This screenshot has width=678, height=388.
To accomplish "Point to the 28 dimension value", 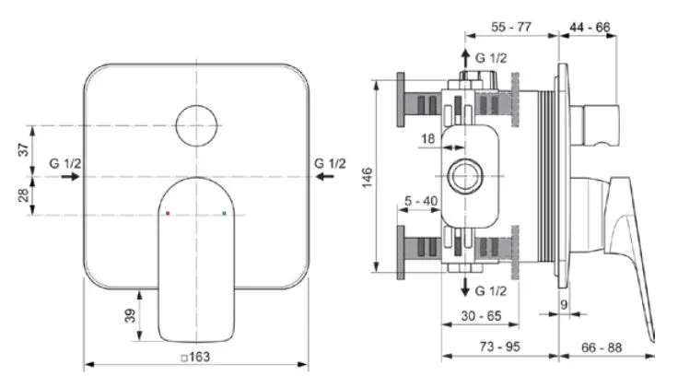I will pyautogui.click(x=25, y=194).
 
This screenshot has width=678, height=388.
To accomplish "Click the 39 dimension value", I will pyautogui.click(x=130, y=315).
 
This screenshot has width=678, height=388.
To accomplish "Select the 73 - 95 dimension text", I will pyautogui.click(x=500, y=347).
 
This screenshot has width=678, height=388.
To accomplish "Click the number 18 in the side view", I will pyautogui.click(x=427, y=138).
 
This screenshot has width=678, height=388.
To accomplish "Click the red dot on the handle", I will pyautogui.click(x=167, y=214).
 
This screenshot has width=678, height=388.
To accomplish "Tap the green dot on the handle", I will pyautogui.click(x=225, y=214).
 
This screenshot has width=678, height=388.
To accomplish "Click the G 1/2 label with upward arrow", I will pyautogui.click(x=490, y=58).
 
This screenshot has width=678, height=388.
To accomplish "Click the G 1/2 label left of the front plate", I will pyautogui.click(x=65, y=163).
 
